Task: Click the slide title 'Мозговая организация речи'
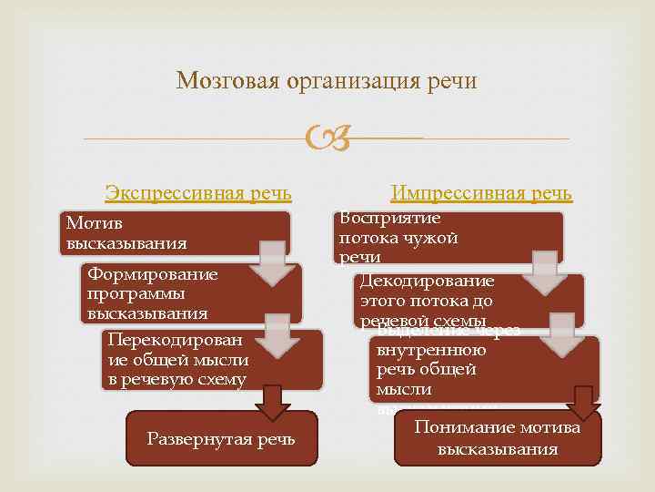coord(327,81)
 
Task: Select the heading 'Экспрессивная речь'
coord(198,193)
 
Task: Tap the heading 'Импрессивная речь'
coord(481,193)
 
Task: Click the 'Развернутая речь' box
coord(221,439)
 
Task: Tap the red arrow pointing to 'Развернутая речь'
coord(272,401)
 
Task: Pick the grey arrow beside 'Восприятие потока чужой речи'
coord(544,271)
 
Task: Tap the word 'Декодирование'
coord(428,281)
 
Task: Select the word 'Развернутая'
coord(188,439)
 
